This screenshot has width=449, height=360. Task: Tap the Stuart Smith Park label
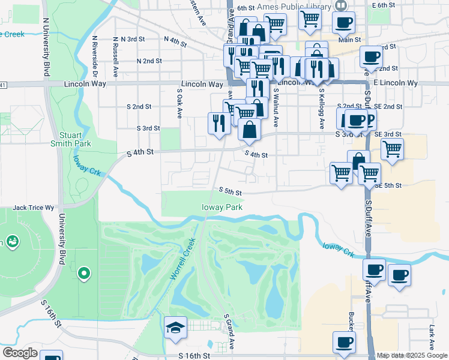tap(75, 139)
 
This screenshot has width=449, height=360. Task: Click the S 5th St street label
tap(230, 192)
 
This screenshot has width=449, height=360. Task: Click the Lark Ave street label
tap(431, 337)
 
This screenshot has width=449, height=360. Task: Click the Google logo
tap(20, 353)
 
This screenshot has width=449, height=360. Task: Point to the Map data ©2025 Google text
tap(412, 355)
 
